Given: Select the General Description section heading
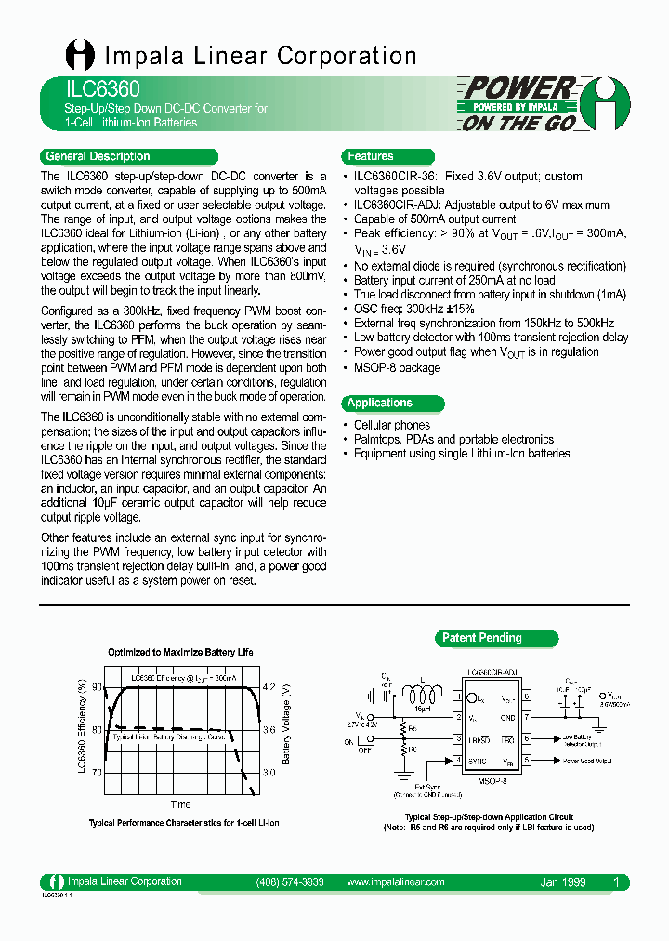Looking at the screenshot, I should pyautogui.click(x=98, y=156).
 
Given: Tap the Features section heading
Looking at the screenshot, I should pyautogui.click(x=371, y=156).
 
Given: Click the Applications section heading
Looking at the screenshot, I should pyautogui.click(x=379, y=403).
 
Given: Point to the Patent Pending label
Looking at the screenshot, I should pyautogui.click(x=482, y=638).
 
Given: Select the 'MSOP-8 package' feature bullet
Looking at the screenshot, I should pyautogui.click(x=397, y=367).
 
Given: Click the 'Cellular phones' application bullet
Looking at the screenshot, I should pyautogui.click(x=391, y=425).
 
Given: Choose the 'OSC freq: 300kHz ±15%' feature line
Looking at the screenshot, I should pyautogui.click(x=413, y=308).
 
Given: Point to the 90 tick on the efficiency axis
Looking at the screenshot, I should pyautogui.click(x=97, y=686).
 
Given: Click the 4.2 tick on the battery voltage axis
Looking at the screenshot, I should pyautogui.click(x=270, y=686).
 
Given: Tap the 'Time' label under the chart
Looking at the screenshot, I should pyautogui.click(x=181, y=804).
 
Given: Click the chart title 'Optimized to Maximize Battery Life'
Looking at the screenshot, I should pyautogui.click(x=180, y=652).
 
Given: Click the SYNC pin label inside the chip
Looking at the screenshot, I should pyautogui.click(x=476, y=761).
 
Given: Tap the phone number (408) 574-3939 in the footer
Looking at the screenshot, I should pyautogui.click(x=289, y=881).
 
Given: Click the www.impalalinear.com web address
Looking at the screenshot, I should pyautogui.click(x=395, y=881).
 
